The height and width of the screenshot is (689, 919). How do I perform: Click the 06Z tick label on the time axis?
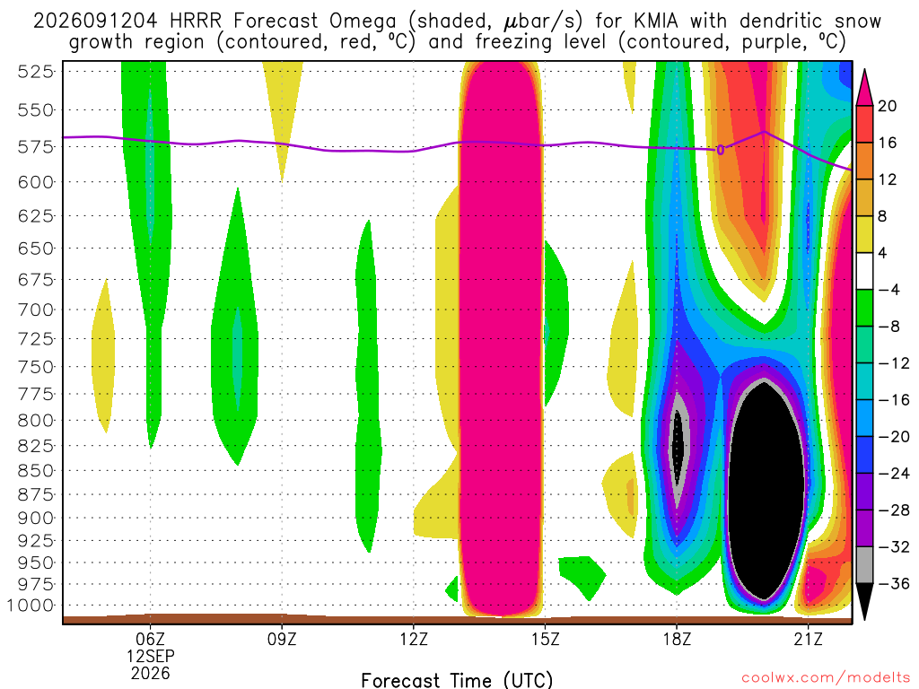tap(150, 639)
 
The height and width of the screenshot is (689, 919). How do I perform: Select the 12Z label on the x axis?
tap(413, 639)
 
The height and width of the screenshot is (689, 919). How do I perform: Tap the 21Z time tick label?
tap(809, 639)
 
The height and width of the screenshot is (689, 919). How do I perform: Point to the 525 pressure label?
tap(35, 72)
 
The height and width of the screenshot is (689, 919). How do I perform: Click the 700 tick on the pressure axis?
tap(35, 310)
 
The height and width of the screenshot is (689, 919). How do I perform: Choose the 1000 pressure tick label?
tap(31, 606)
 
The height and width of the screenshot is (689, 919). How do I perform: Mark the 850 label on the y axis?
tap(35, 470)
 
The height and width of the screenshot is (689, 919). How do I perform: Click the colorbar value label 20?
tap(887, 106)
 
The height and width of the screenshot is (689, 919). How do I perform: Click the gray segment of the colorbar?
tap(864, 565)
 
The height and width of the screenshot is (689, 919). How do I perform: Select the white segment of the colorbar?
tap(864, 271)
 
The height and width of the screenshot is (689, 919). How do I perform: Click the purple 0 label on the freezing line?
tap(721, 151)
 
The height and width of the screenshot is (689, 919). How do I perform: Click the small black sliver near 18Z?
tap(678, 445)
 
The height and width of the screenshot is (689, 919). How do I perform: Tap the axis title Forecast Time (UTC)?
tap(457, 680)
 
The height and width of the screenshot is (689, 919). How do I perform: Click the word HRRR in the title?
tap(196, 22)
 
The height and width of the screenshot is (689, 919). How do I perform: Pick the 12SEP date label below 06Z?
tap(151, 656)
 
